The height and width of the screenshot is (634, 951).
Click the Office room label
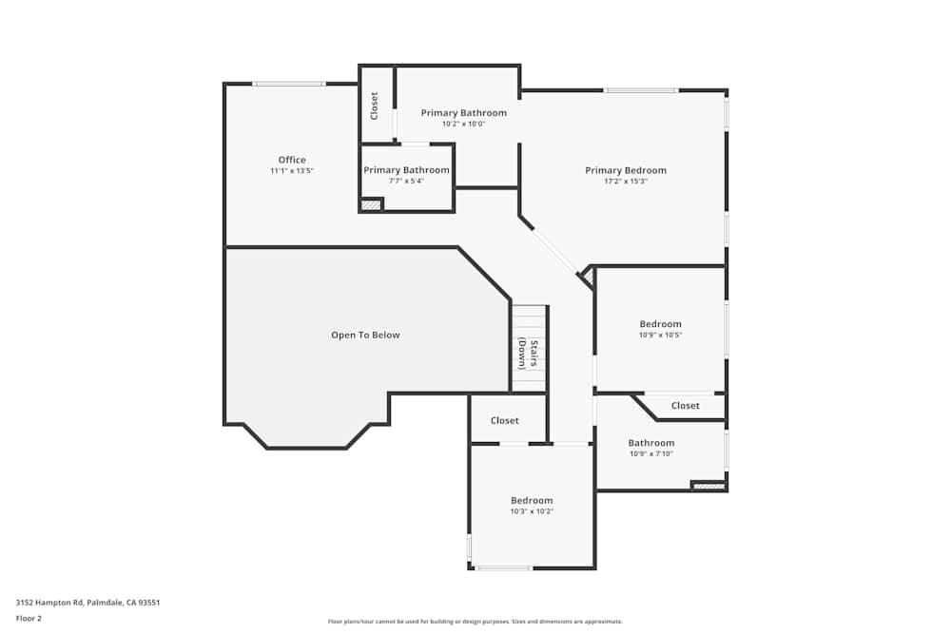(292, 160)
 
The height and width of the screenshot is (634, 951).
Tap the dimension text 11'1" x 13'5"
(292, 171)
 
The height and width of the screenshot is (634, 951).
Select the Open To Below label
(365, 335)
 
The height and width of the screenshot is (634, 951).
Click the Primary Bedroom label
(626, 170)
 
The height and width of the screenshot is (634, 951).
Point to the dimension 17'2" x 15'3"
(626, 182)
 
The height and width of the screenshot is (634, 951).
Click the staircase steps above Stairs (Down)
(530, 319)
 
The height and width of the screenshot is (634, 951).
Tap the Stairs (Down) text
(528, 354)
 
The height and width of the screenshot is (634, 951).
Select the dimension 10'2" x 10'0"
(463, 124)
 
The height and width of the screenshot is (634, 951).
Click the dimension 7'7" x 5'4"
(406, 181)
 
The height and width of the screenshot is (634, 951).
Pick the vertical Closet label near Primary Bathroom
(375, 106)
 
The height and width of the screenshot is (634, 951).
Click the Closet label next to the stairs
(505, 420)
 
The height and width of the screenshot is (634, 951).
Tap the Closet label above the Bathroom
(685, 406)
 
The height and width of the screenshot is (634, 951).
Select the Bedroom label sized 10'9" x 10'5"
(660, 324)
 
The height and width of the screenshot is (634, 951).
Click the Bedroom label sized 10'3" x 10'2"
(532, 500)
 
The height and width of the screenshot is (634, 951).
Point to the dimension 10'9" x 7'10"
(651, 453)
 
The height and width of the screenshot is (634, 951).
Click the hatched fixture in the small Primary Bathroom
(371, 204)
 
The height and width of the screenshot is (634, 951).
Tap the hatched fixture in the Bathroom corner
(708, 486)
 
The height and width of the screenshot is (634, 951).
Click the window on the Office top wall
(289, 84)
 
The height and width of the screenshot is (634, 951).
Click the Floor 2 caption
(29, 618)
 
